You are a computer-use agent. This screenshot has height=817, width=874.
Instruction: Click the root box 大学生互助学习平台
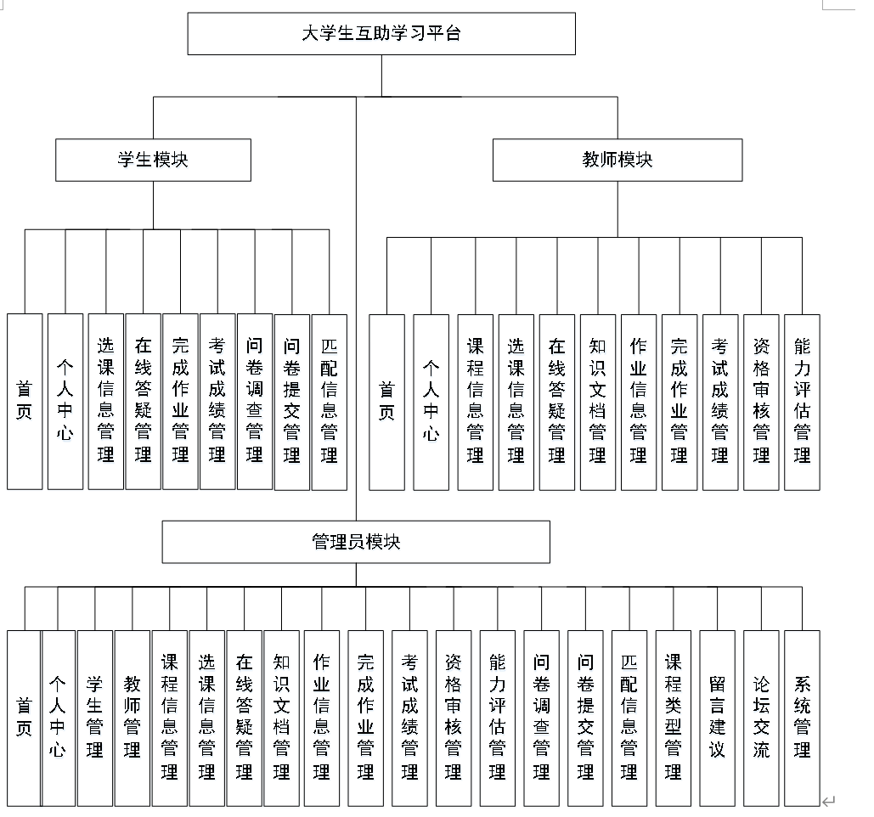pos(381,34)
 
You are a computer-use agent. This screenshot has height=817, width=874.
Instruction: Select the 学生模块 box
pos(153,160)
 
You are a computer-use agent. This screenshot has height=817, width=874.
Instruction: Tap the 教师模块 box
pos(617,160)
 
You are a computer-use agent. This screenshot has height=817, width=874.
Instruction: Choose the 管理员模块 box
pos(356,542)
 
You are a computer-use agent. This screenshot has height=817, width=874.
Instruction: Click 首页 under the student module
pos(25,401)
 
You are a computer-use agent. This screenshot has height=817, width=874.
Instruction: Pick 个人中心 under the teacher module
pos(431,401)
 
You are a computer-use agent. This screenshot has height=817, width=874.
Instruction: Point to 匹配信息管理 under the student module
pos(330,401)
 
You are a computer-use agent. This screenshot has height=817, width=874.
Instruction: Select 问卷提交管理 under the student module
pos(292,401)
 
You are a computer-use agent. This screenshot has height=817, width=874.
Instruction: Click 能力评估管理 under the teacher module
pos(802,401)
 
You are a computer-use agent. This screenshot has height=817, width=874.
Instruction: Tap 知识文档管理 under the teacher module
pos(598,401)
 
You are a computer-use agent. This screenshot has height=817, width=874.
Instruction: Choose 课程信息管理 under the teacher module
pos(475,401)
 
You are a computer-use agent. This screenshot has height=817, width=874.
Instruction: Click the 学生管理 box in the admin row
pos(94,718)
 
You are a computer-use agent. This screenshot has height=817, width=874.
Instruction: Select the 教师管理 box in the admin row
pos(132,718)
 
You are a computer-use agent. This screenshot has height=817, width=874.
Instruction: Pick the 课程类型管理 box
pos(674,718)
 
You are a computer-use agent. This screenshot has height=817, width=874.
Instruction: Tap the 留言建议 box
pos(718,718)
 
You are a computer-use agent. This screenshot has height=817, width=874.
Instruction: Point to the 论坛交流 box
pos(761,718)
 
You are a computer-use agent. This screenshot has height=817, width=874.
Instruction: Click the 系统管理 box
pos(802,718)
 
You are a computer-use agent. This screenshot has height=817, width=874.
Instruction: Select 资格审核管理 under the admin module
pos(454,718)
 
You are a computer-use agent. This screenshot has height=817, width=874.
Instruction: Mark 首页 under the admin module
pos(24,718)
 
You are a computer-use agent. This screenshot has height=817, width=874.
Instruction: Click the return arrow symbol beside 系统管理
pos(829,800)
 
